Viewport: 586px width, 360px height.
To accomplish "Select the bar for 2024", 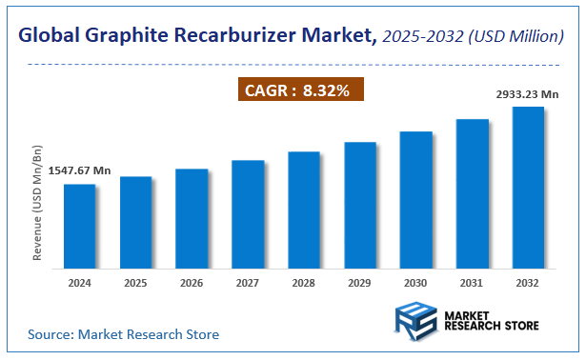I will click(79, 226).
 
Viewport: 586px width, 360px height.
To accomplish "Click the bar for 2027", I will click(248, 214).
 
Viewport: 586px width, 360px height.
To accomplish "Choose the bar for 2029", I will click(359, 205).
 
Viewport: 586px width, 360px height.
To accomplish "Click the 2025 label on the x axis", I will click(135, 283).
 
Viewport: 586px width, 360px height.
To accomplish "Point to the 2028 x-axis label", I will click(304, 283).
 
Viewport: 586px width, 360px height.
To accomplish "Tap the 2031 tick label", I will click(472, 283).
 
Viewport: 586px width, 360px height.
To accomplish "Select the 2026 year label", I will click(192, 283).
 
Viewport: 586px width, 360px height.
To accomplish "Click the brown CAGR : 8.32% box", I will click(300, 90).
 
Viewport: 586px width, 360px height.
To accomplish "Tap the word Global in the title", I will click(51, 36).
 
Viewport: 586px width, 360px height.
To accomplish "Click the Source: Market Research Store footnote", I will click(123, 334).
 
